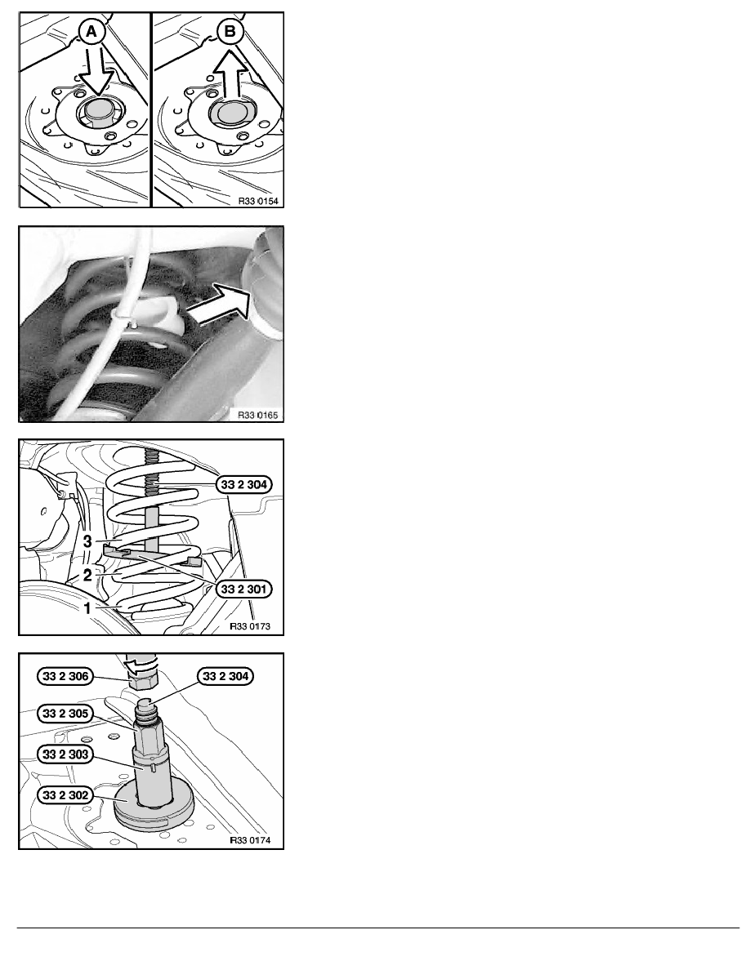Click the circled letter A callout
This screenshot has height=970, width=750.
pyautogui.click(x=92, y=32)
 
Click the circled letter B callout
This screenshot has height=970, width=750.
pyautogui.click(x=230, y=31)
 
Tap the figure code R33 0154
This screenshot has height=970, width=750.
pyautogui.click(x=258, y=201)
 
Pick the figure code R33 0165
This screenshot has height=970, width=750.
pyautogui.click(x=258, y=415)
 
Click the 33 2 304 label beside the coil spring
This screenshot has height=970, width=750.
pyautogui.click(x=243, y=484)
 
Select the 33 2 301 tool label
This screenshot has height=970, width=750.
pyautogui.click(x=243, y=589)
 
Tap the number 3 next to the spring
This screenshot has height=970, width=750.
pyautogui.click(x=87, y=541)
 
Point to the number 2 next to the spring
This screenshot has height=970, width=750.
pyautogui.click(x=87, y=576)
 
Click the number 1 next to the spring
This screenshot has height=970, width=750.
pyautogui.click(x=87, y=608)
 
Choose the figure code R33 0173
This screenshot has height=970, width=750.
pyautogui.click(x=250, y=626)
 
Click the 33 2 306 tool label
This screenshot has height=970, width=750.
pyautogui.click(x=65, y=676)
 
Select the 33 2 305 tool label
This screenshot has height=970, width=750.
pyautogui.click(x=65, y=714)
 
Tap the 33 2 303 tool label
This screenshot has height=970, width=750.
pyautogui.click(x=65, y=754)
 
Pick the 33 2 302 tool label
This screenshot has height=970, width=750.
pyautogui.click(x=65, y=795)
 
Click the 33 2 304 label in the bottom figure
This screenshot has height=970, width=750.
pyautogui.click(x=225, y=676)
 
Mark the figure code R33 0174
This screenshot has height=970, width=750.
pyautogui.click(x=250, y=840)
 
